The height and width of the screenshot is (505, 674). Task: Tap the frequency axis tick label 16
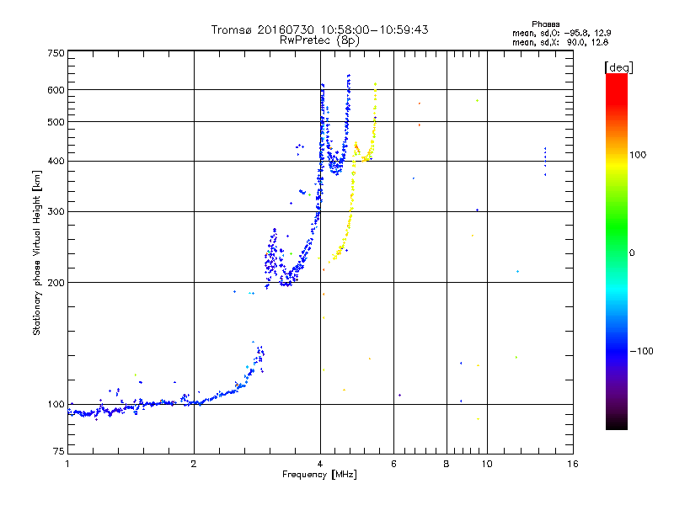pyautogui.click(x=573, y=464)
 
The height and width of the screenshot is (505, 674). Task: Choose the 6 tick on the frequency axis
pyautogui.click(x=393, y=464)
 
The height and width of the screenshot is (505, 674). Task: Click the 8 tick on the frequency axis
pyautogui.click(x=447, y=464)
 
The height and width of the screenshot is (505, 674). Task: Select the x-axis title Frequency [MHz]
pyautogui.click(x=319, y=476)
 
